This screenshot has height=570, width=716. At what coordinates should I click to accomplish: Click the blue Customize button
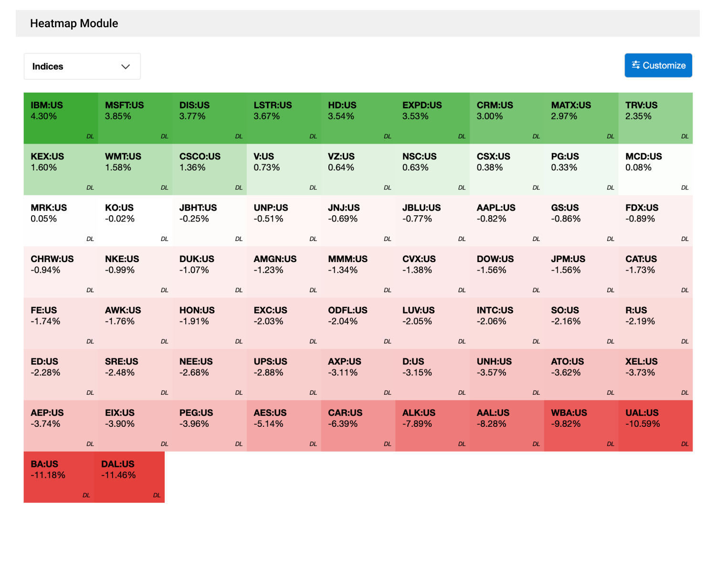[658, 65]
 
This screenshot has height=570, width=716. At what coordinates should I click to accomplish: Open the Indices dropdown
[82, 66]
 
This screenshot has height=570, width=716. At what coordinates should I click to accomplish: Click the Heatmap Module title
[74, 23]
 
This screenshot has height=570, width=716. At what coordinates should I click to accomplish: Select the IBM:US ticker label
[47, 105]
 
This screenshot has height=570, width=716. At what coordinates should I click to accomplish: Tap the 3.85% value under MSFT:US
[118, 116]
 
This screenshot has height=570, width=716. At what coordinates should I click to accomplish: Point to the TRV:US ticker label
[641, 105]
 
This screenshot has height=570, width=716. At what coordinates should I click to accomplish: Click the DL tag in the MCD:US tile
[684, 188]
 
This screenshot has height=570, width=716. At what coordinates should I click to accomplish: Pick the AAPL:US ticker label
[496, 208]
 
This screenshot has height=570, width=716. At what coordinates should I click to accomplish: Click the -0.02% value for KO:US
[120, 219]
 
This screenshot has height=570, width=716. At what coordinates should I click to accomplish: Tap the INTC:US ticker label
[495, 310]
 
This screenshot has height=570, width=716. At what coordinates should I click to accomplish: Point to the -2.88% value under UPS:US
[268, 372]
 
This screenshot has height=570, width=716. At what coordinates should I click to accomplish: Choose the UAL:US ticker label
[642, 412]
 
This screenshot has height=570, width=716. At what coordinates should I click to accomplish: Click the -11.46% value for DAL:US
[118, 475]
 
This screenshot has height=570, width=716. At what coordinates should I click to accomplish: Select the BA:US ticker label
[44, 464]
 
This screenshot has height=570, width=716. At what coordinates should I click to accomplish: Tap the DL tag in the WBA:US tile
[611, 444]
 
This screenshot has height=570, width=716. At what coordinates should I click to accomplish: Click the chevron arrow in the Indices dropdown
[126, 66]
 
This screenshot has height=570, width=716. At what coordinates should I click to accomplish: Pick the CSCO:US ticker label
[200, 157]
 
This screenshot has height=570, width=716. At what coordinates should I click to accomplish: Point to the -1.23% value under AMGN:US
[268, 270]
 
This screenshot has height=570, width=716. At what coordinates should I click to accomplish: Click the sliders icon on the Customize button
[636, 65]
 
